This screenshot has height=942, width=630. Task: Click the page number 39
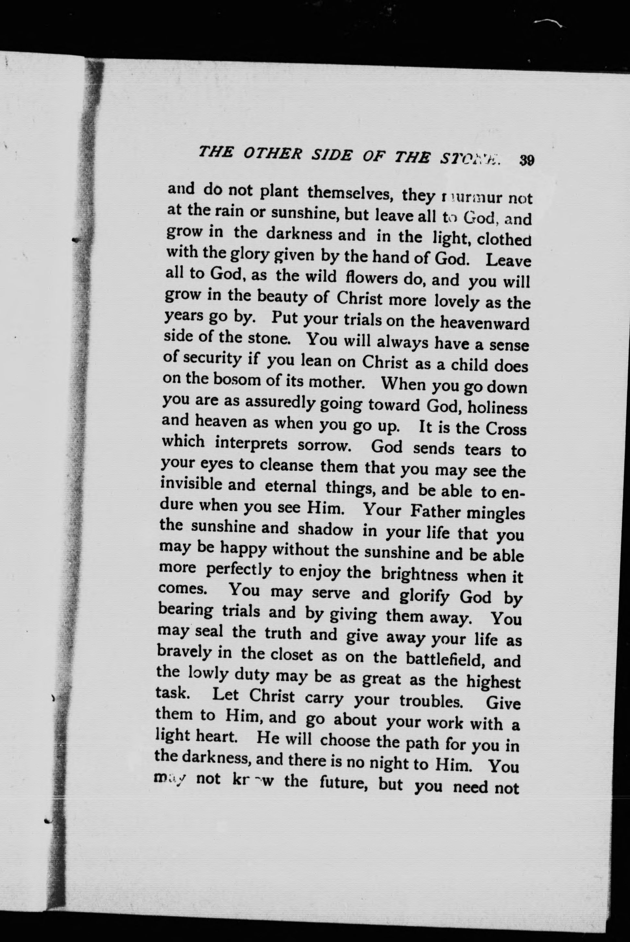coord(526,160)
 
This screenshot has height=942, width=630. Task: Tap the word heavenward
coord(485,324)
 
